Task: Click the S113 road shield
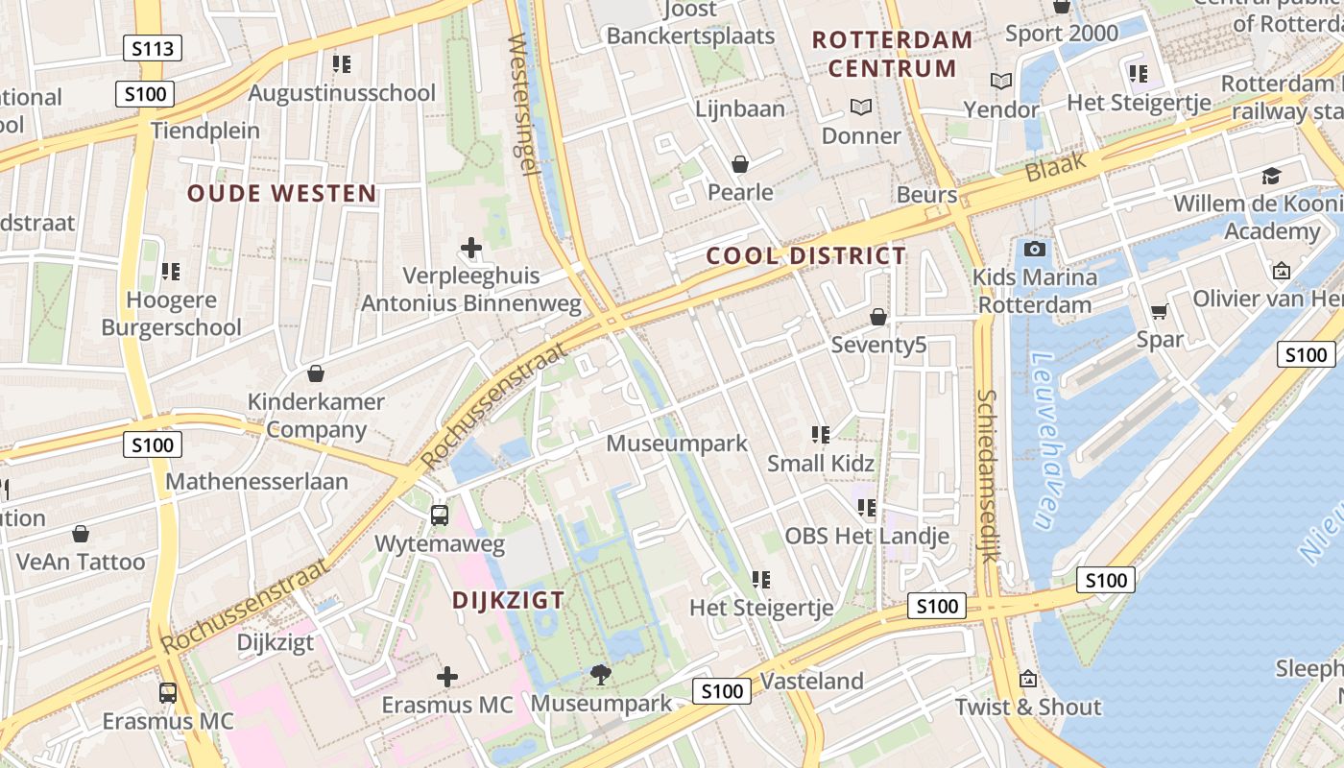153,48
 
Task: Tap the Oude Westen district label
281,194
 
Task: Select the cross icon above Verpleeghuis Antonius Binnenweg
471,248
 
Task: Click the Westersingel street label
518,104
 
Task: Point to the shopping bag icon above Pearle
739,164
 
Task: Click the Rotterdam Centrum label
892,54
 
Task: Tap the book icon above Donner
861,108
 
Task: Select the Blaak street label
1055,168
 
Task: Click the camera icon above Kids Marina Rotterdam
1034,250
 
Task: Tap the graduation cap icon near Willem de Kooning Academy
1271,176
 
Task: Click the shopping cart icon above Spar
1160,311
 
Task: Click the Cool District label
805,256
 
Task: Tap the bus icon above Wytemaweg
439,516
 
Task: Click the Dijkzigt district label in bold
508,601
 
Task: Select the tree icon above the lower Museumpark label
601,675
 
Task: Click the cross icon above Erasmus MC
446,677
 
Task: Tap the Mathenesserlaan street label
256,481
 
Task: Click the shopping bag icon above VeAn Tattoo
81,533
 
